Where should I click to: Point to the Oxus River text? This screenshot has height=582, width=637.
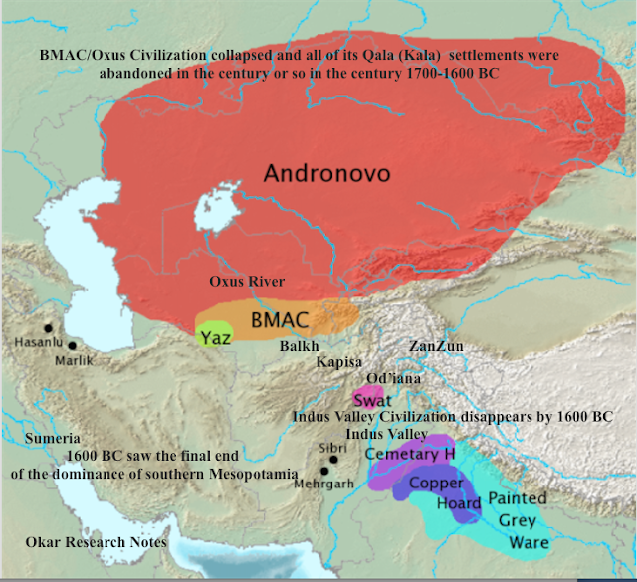click(247, 282)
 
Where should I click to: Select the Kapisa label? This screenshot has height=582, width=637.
click(340, 362)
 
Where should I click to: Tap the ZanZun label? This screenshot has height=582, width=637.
click(436, 346)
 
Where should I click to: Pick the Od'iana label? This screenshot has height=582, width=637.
click(392, 379)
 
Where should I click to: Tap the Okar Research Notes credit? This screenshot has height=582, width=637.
click(96, 542)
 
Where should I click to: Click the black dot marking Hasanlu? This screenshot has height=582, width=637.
click(47, 327)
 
